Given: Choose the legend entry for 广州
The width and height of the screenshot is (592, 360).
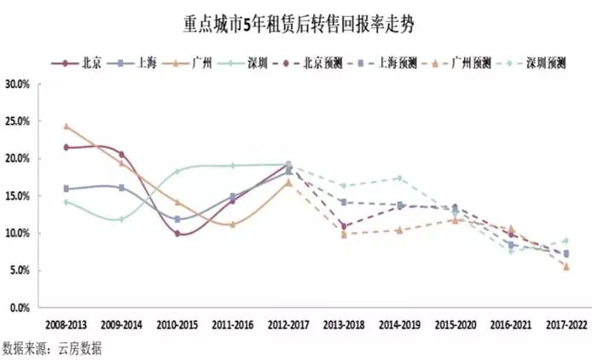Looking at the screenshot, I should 198,62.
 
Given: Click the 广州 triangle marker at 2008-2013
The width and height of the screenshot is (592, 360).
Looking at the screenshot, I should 66,126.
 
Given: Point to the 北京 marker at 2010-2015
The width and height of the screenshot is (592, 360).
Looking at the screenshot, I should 177,233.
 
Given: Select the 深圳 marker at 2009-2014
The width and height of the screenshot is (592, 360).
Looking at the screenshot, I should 121,219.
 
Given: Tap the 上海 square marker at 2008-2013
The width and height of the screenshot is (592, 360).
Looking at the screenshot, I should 66,189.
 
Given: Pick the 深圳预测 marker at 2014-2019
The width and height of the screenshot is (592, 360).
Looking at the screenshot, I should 399,178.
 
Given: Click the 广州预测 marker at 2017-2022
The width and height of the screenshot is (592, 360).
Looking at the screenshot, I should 566,266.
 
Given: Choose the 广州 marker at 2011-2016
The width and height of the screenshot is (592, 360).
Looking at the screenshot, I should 233,224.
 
